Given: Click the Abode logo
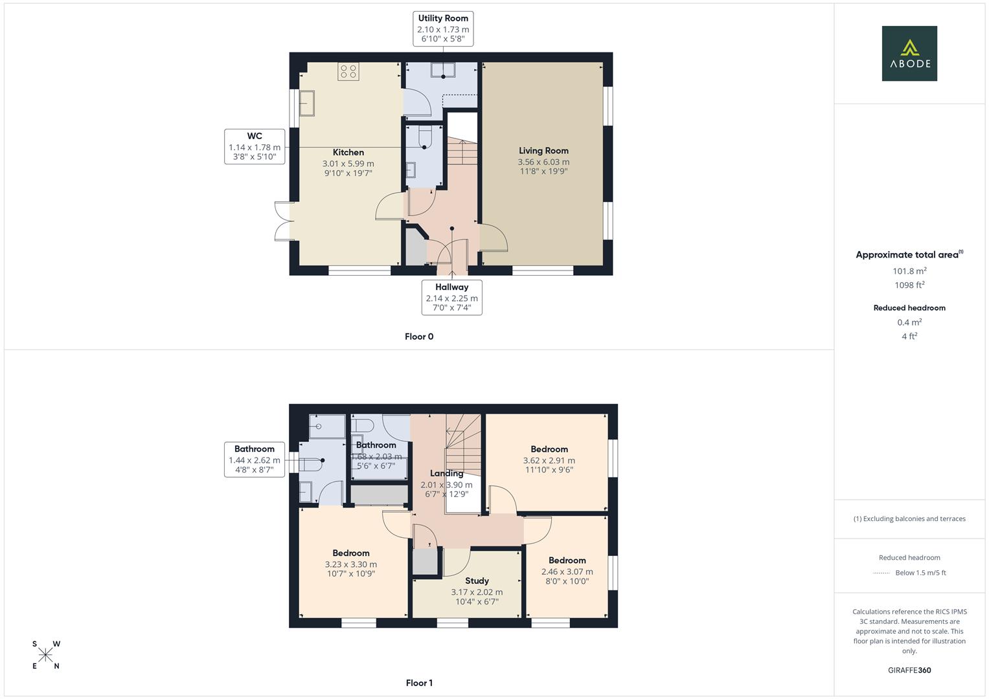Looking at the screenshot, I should pyautogui.click(x=909, y=53).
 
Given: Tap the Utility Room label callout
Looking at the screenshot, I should pyautogui.click(x=443, y=28).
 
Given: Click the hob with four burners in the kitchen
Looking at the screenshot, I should pyautogui.click(x=348, y=71).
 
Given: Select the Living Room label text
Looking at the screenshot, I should pyautogui.click(x=543, y=151).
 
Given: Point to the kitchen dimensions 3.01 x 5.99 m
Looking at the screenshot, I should pyautogui.click(x=348, y=164).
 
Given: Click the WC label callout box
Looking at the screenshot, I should pyautogui.click(x=255, y=146).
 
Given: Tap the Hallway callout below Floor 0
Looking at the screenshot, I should pyautogui.click(x=451, y=298).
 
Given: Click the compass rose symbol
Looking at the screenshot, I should pyautogui.click(x=45, y=655).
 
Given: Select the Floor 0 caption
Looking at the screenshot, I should pyautogui.click(x=419, y=337).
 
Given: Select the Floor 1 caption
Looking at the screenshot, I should pyautogui.click(x=419, y=683).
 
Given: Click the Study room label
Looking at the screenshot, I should pyautogui.click(x=477, y=581).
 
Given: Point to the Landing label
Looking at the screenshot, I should pyautogui.click(x=446, y=473).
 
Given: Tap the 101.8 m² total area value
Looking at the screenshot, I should pyautogui.click(x=909, y=271).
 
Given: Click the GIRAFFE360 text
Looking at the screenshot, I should pyautogui.click(x=909, y=670).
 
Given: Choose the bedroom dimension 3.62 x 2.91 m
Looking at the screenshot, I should pyautogui.click(x=549, y=461).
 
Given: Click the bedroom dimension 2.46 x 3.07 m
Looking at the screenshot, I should pyautogui.click(x=567, y=571).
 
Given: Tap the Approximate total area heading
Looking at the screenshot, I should pyautogui.click(x=908, y=254).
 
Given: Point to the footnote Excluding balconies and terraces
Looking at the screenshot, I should pyautogui.click(x=909, y=518).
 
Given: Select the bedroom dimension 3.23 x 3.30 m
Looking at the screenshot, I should pyautogui.click(x=350, y=564).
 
